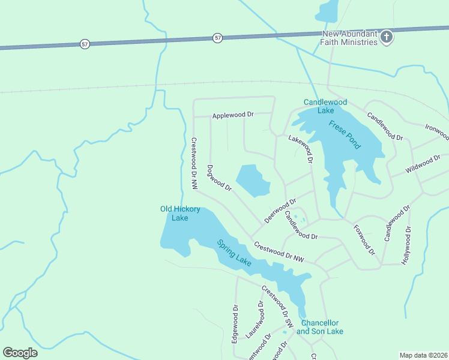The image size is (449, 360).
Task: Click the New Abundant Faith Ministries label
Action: (x=350, y=38)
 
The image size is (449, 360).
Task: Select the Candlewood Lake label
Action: (x=326, y=106)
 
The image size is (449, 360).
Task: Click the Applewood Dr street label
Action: (x=233, y=115)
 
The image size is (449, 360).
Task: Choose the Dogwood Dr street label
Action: (x=219, y=178)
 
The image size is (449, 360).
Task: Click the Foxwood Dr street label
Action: (x=364, y=239)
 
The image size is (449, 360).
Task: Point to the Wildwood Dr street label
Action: (x=423, y=163)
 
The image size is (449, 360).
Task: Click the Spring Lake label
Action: (x=234, y=253)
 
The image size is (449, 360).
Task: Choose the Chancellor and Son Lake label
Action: (x=320, y=327)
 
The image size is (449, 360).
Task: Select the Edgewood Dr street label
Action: (x=235, y=324)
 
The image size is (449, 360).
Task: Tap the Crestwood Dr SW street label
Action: (x=277, y=306)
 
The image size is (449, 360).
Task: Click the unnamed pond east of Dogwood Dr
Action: (x=253, y=181)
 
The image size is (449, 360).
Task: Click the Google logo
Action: (x=20, y=353)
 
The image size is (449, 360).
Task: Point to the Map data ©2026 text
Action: (x=423, y=355)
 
